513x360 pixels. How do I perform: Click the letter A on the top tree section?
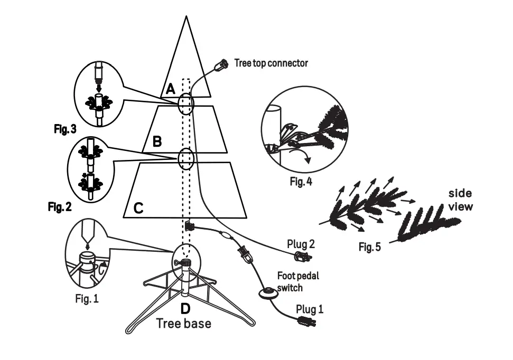(170, 89)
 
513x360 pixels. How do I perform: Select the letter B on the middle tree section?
(157, 141)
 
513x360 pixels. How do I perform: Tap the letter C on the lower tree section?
(138, 208)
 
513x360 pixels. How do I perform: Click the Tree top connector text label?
(271, 63)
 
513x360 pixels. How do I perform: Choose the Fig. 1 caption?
(87, 299)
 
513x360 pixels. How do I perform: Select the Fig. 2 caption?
(59, 207)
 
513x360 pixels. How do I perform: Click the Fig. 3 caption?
(66, 129)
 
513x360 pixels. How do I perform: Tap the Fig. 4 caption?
(301, 182)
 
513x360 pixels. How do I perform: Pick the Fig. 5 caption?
(369, 247)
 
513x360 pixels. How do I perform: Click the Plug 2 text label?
(301, 244)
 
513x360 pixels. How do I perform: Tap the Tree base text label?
(183, 323)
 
